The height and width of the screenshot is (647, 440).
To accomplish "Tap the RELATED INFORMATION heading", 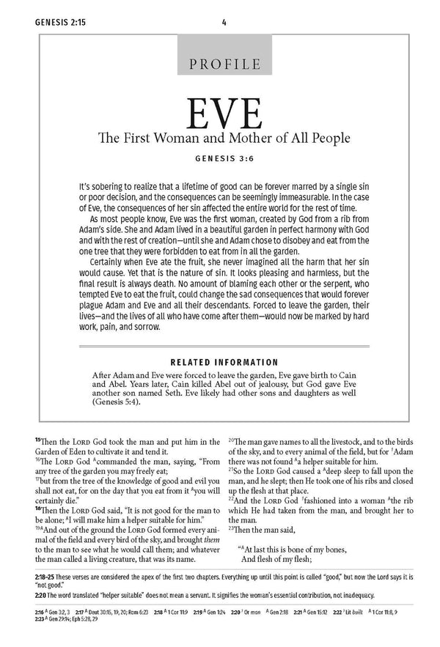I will pos(223,362).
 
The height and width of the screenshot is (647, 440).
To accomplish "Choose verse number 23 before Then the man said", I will pos(232,529).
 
